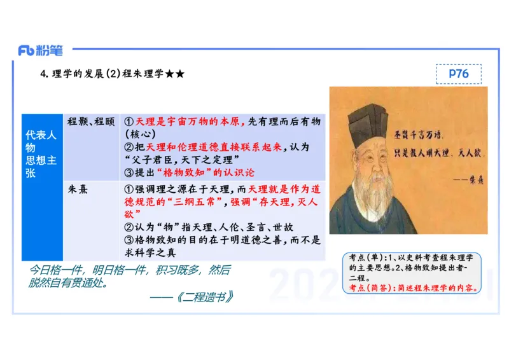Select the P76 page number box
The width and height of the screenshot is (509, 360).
click(x=458, y=74)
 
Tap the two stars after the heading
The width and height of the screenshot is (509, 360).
click(x=175, y=74)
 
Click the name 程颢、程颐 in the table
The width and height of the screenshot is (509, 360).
click(x=92, y=121)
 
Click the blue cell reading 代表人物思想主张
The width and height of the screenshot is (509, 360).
click(x=41, y=154)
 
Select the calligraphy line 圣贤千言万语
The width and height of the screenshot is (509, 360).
click(x=426, y=135)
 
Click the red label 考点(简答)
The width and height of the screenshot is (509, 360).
click(x=371, y=288)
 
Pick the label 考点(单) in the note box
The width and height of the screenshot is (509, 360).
click(x=367, y=258)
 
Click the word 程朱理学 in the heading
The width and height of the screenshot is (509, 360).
click(x=143, y=74)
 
